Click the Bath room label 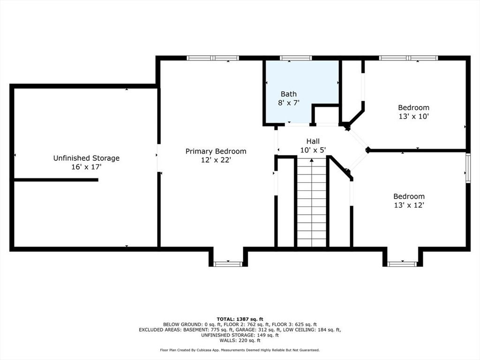point(289,94)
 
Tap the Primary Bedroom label point(216,151)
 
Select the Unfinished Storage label point(86,158)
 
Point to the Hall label point(313,141)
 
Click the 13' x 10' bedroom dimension point(413,116)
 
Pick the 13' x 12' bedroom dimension point(409,205)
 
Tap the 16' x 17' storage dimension point(86,167)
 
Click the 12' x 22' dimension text point(216,160)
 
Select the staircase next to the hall point(312,202)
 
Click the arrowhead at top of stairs point(312,160)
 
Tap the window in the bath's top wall point(296,58)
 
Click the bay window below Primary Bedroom point(228,264)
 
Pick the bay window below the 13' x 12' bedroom point(402,264)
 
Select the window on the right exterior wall point(468,168)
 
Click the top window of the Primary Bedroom point(213,58)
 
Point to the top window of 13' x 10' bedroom point(409,58)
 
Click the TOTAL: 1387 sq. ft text point(240,319)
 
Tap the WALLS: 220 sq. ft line point(240,340)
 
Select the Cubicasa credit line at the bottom point(240,350)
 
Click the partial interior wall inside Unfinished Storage point(56,180)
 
